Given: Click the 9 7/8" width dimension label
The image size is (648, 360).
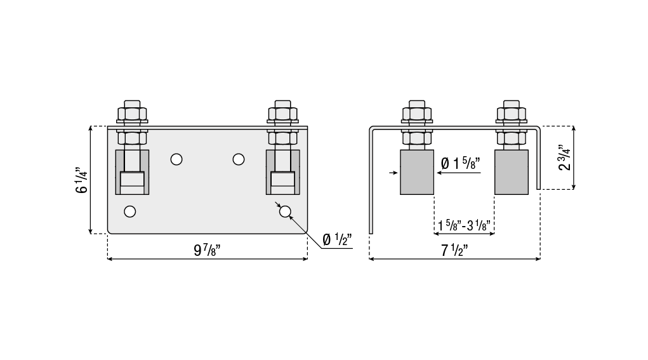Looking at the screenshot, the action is (207, 250).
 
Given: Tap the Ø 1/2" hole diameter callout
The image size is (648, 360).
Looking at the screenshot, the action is (337, 239).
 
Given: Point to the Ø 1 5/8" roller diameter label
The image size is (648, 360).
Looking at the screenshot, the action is (460, 164).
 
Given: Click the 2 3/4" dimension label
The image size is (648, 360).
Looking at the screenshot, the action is (564, 157).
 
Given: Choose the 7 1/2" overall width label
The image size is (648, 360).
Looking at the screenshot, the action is (454, 250).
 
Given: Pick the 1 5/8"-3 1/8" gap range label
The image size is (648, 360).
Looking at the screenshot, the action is (464, 225).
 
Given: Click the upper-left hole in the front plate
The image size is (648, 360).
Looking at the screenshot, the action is (176, 159).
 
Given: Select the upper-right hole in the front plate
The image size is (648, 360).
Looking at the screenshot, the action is (239, 159).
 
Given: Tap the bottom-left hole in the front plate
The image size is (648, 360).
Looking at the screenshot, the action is (129, 211).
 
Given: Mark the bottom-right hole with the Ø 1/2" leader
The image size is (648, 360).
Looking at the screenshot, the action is (285, 211).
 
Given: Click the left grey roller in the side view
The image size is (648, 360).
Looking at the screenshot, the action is (417, 172).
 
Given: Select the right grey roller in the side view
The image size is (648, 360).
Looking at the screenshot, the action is (511, 172).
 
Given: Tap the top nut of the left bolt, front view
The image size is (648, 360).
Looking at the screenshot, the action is (132, 114).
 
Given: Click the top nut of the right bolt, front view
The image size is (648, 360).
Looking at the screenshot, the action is (282, 114).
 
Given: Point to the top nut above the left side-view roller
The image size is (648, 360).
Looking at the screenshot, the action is (417, 114).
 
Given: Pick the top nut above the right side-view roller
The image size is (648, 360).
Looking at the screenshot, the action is (512, 114).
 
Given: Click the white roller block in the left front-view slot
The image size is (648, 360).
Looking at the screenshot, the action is (132, 183).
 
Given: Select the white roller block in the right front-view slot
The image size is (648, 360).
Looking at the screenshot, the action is (282, 183).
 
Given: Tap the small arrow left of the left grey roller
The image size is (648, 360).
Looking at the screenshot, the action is (394, 172).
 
